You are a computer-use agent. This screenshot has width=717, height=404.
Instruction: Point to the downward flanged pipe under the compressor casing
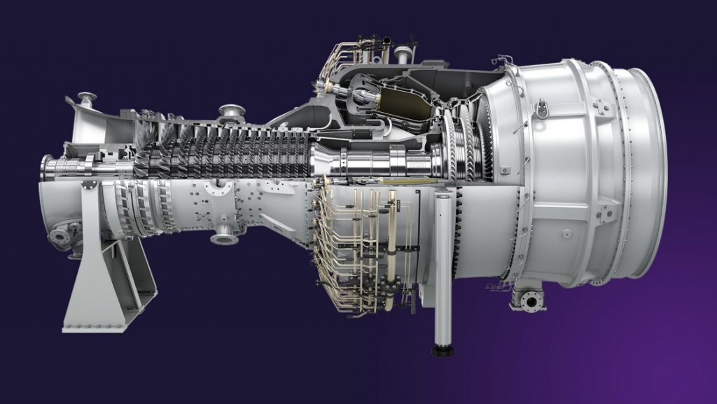pyautogui.click(x=224, y=236)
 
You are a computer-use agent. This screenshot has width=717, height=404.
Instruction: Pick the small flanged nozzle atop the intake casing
pyautogui.click(x=87, y=98)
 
